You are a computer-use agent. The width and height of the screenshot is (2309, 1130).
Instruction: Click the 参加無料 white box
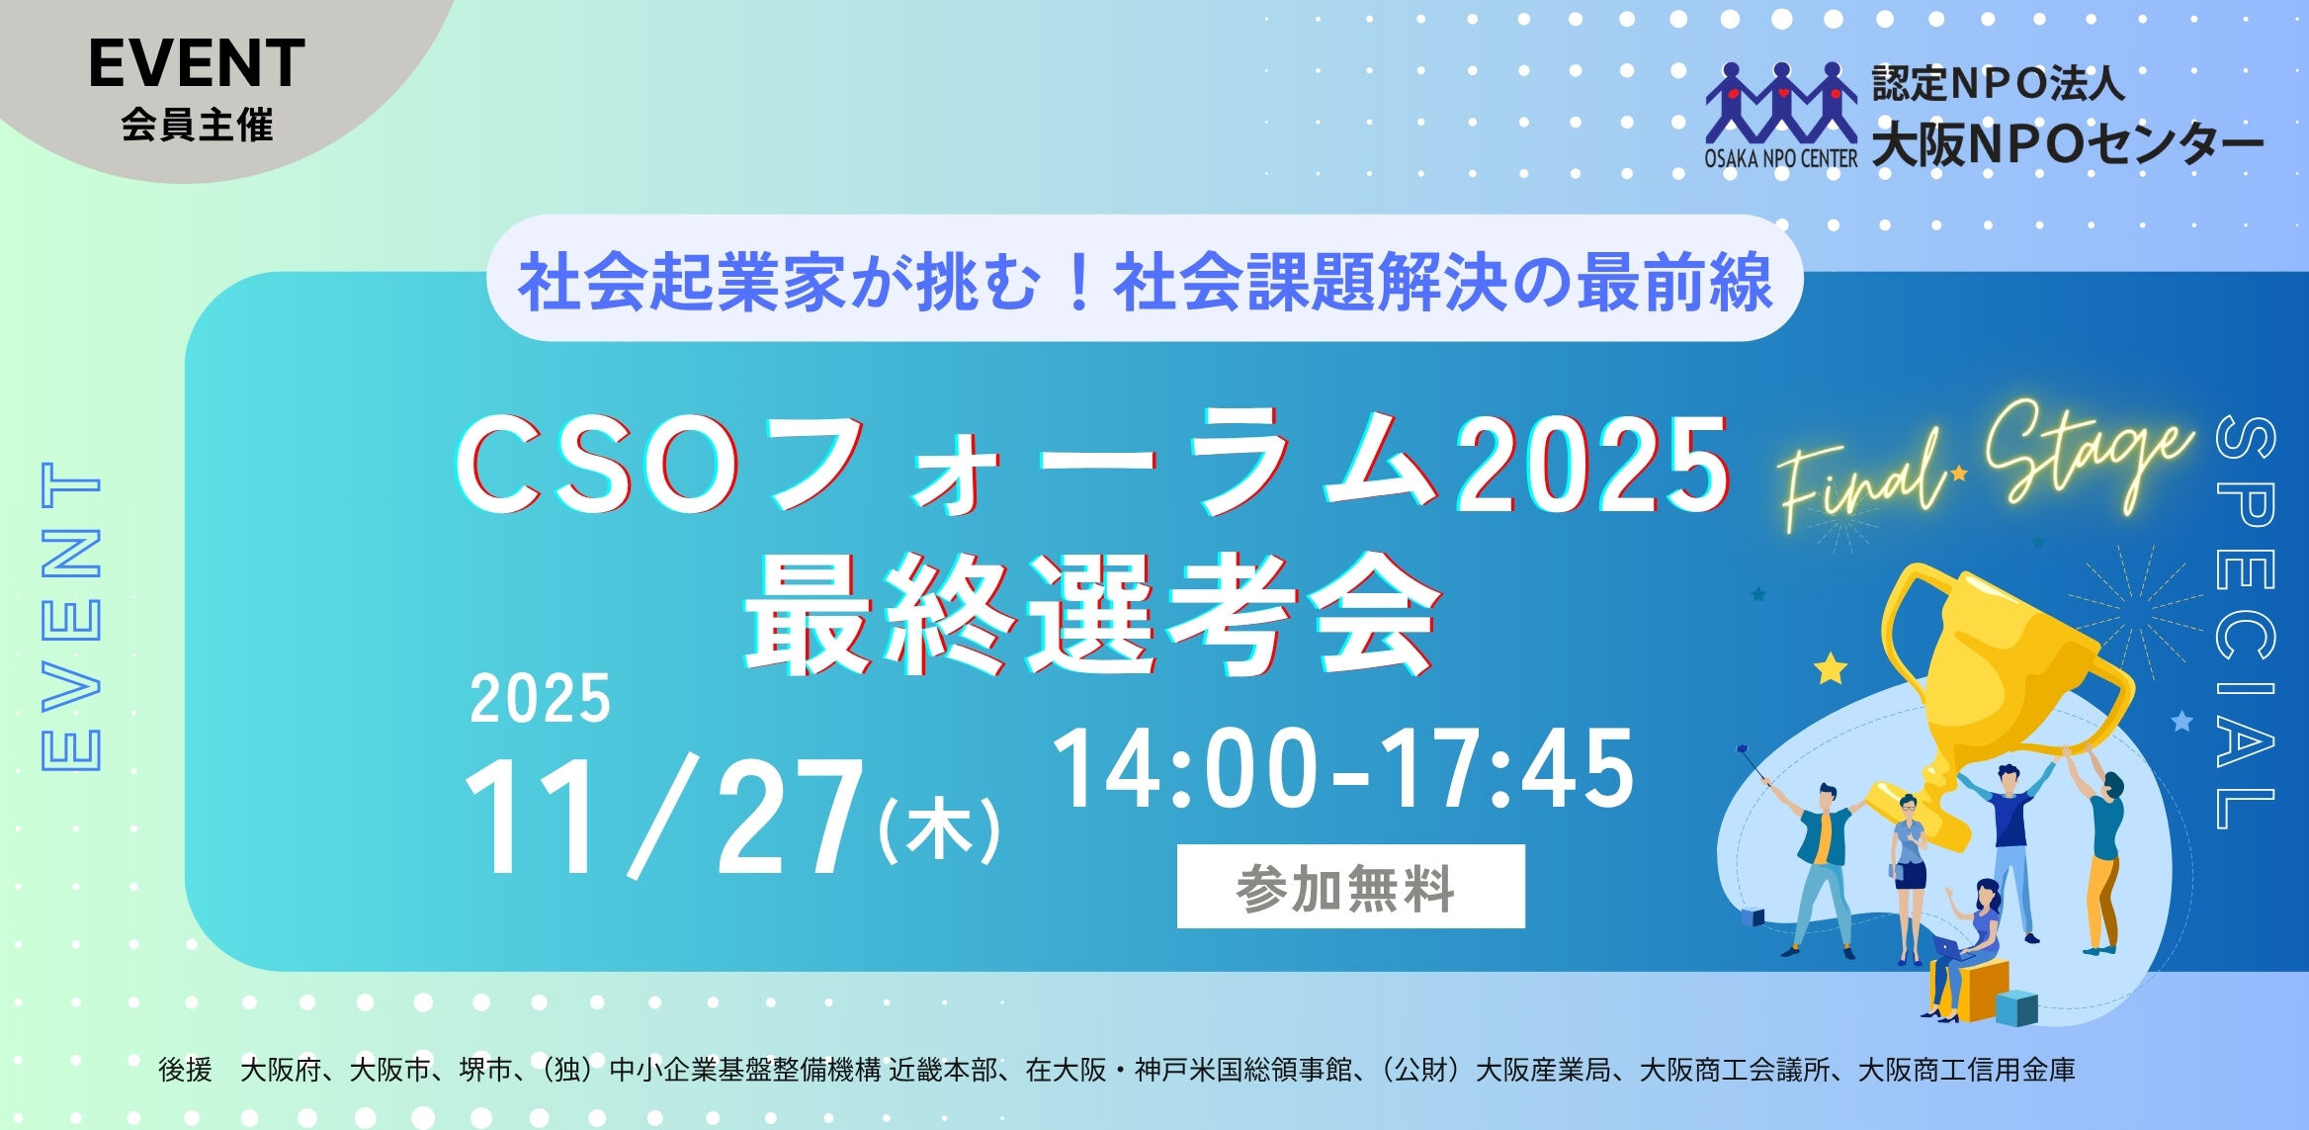pos(1349,887)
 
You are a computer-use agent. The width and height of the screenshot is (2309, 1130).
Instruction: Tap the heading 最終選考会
pos(1092,615)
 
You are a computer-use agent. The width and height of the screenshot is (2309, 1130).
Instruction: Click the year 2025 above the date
pos(540,699)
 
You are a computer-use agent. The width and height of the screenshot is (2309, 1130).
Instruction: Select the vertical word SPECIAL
pos(2246,623)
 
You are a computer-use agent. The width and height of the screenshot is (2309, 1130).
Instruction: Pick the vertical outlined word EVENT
pos(70,615)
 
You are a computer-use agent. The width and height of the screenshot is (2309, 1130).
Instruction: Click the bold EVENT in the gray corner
pos(197,64)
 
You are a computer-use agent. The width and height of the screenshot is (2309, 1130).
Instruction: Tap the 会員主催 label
pos(197,127)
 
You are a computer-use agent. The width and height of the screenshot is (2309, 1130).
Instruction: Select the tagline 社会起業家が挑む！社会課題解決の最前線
pos(1145,282)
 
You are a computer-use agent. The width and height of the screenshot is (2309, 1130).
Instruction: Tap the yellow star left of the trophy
pos(1831,669)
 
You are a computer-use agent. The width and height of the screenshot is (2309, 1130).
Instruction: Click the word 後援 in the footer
pos(185,1070)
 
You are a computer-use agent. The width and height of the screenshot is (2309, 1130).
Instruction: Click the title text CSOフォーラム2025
pos(1092,465)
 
